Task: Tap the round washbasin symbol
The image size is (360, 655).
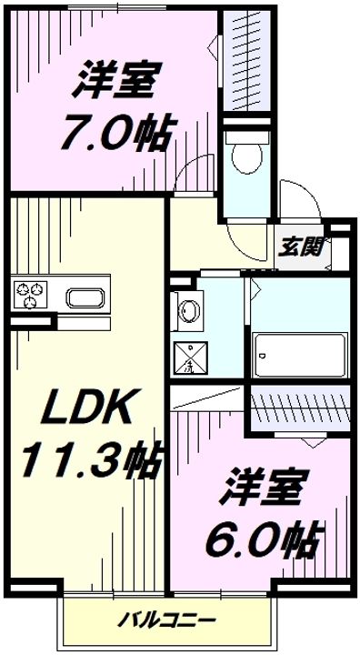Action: tap(189, 311)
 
